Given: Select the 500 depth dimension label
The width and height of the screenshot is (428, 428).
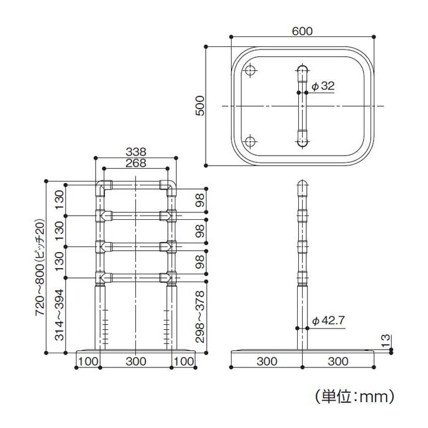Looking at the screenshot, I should coord(199,106).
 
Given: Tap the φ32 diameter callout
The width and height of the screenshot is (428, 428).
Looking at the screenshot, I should coord(323,86).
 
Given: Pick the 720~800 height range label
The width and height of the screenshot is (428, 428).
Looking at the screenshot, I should coord(40,267).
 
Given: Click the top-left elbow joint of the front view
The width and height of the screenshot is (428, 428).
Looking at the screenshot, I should coord(103,186).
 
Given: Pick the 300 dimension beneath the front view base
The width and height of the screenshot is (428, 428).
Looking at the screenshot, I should coord(136,359).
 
